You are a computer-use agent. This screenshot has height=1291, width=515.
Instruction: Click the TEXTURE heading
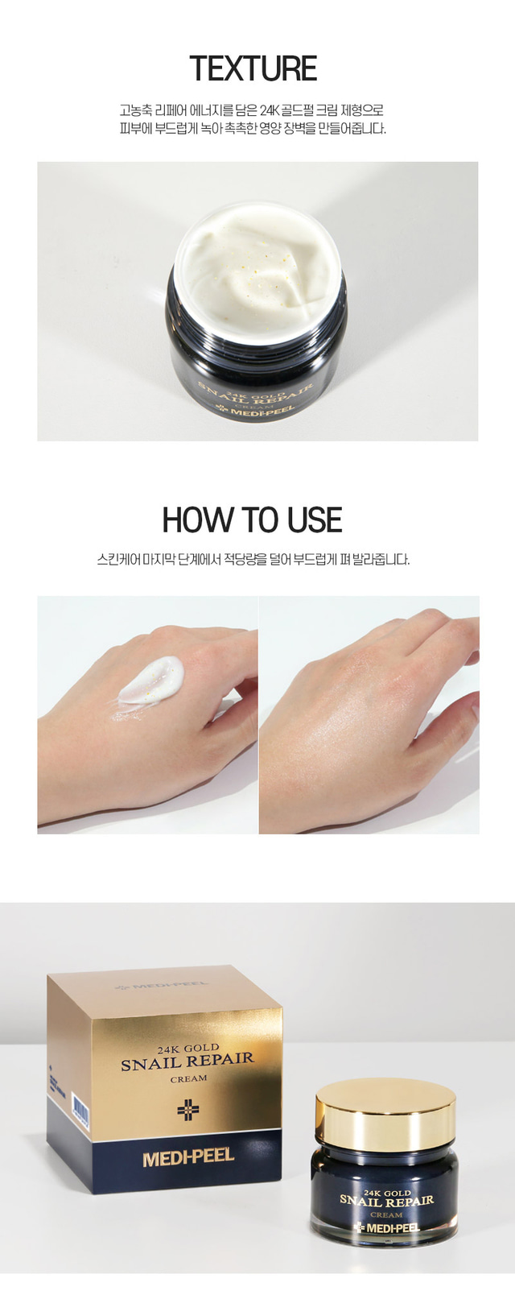(253, 69)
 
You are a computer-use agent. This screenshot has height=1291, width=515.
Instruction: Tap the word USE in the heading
(315, 520)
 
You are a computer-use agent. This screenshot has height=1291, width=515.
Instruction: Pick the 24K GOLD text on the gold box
(188, 1048)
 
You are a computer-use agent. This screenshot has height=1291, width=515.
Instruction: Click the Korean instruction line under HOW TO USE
(253, 559)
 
